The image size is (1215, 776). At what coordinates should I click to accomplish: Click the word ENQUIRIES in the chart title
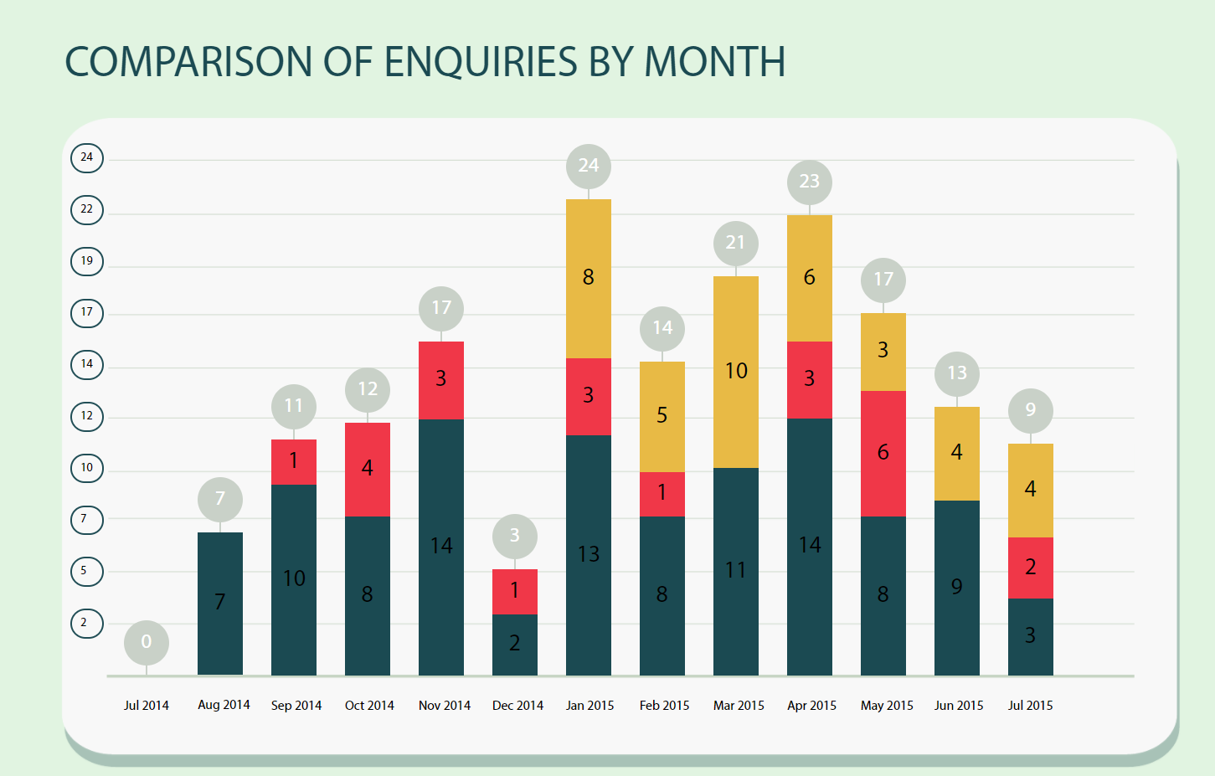point(481,62)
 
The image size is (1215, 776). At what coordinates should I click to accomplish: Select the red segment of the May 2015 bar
point(883,453)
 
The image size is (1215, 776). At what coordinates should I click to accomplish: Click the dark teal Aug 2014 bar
point(220,603)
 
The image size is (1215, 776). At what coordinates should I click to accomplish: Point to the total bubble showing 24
point(589,166)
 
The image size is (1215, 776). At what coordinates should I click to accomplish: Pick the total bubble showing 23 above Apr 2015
point(809,182)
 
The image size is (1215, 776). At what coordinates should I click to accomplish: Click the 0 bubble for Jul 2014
point(147,642)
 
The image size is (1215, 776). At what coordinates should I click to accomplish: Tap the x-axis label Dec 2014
point(517,706)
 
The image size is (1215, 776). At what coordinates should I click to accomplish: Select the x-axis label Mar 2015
point(739,706)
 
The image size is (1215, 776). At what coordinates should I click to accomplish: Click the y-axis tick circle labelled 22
point(87,209)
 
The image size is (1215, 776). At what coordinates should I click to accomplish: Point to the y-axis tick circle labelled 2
point(87,623)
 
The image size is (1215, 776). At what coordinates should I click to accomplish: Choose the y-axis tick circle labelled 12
point(87,416)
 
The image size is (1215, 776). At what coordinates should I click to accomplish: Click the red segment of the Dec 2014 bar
point(515,591)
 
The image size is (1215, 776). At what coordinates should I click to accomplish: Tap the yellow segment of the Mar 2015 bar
point(736,371)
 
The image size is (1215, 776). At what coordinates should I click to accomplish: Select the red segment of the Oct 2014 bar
point(368,469)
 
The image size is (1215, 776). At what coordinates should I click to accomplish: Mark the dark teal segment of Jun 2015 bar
point(957,587)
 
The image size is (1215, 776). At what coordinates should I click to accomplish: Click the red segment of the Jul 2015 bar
point(1031,568)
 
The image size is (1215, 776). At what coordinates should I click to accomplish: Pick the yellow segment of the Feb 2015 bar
point(662,416)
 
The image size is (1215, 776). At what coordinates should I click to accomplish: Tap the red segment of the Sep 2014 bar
point(294,461)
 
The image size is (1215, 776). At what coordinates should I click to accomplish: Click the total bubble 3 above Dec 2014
point(515,536)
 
